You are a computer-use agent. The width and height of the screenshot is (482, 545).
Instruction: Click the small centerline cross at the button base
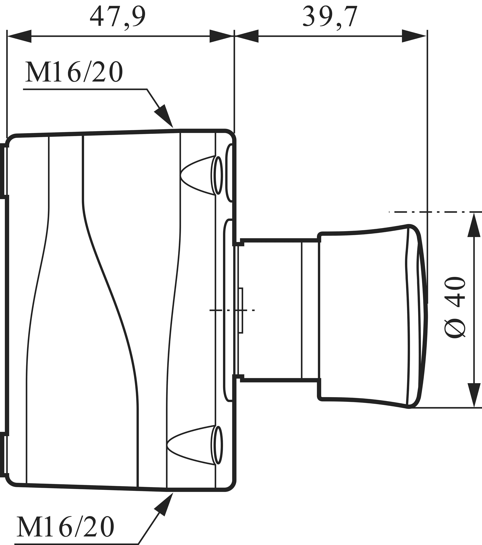[x=234, y=310]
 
